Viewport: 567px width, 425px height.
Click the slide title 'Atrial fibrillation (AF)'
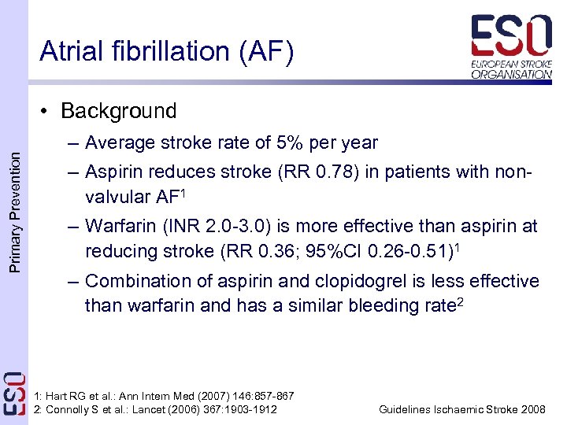166,51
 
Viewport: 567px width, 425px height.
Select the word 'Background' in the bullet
118,111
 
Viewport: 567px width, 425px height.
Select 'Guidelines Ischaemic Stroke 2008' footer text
462,409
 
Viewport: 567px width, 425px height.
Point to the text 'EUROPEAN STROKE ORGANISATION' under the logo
511,68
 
